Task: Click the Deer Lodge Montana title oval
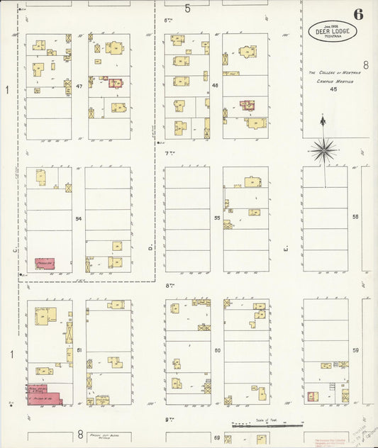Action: click(x=332, y=31)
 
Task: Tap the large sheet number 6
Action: click(x=360, y=13)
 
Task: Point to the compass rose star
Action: click(x=323, y=149)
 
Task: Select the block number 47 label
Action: click(x=79, y=86)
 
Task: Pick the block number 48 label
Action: click(x=215, y=86)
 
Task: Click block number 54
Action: click(x=79, y=218)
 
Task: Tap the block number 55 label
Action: click(x=217, y=218)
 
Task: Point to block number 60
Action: click(x=218, y=350)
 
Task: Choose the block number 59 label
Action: click(x=356, y=350)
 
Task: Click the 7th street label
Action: click(x=169, y=153)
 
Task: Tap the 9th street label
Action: click(x=169, y=420)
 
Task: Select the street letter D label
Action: click(x=150, y=248)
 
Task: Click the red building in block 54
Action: click(x=45, y=264)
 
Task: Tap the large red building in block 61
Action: click(x=44, y=395)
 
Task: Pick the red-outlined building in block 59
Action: click(x=313, y=396)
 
